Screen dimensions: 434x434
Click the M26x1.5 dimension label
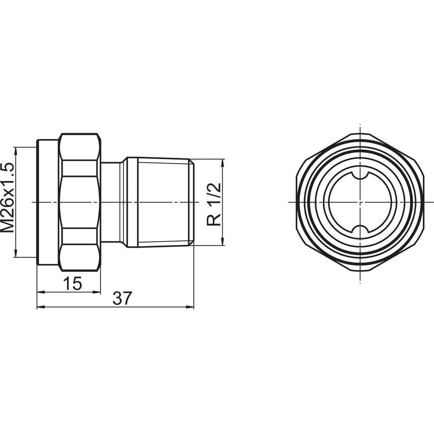(8, 197)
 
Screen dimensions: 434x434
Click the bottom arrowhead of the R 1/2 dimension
(222, 243)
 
